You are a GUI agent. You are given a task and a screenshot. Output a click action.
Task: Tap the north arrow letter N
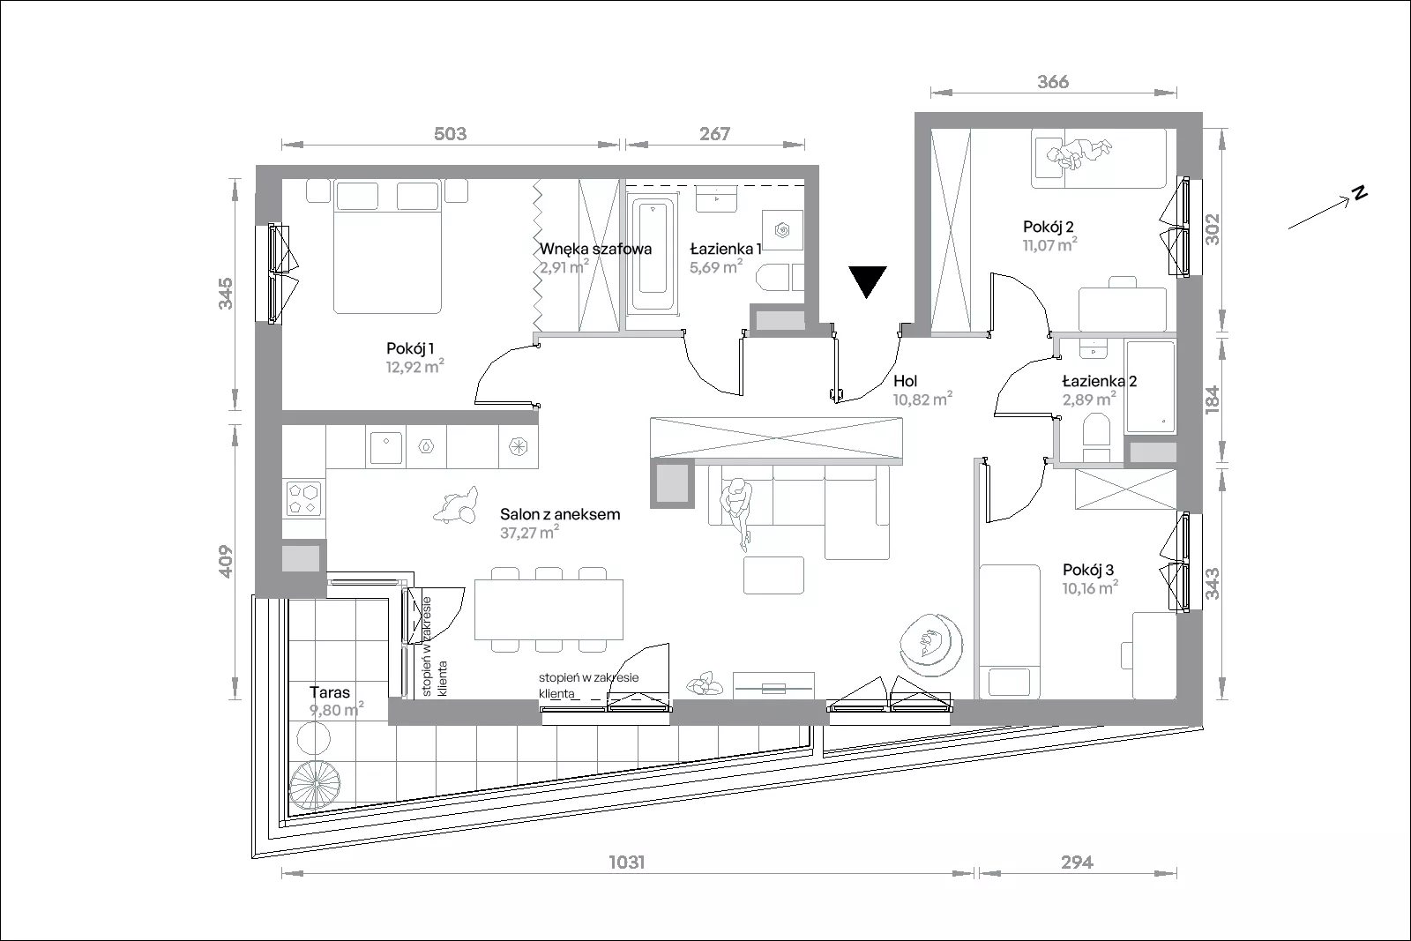pyautogui.click(x=1360, y=193)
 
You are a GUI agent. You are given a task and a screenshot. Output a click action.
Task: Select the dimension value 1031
pyautogui.click(x=627, y=862)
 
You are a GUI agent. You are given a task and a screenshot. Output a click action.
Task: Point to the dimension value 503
pyautogui.click(x=451, y=133)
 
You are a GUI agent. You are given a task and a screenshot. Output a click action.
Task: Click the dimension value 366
pyautogui.click(x=1053, y=82)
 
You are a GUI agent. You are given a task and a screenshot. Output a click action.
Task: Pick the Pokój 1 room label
pyautogui.click(x=410, y=348)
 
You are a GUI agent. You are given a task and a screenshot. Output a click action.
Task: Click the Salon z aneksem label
pyautogui.click(x=560, y=514)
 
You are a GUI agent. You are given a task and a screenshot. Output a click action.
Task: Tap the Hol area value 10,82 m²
pyautogui.click(x=922, y=399)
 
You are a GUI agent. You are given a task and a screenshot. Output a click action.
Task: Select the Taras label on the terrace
pyautogui.click(x=330, y=692)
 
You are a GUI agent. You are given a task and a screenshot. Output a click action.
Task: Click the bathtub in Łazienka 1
pyautogui.click(x=653, y=254)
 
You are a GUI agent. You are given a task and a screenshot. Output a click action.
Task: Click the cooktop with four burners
pyautogui.click(x=303, y=498)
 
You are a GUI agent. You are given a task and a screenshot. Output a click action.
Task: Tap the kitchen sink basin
pyautogui.click(x=385, y=448)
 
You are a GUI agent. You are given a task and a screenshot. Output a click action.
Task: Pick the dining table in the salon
pyautogui.click(x=549, y=609)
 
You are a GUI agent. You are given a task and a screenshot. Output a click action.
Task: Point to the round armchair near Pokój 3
pyautogui.click(x=931, y=645)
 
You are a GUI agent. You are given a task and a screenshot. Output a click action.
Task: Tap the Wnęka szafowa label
pyautogui.click(x=595, y=249)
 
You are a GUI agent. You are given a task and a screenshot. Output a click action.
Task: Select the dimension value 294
pyautogui.click(x=1077, y=862)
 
